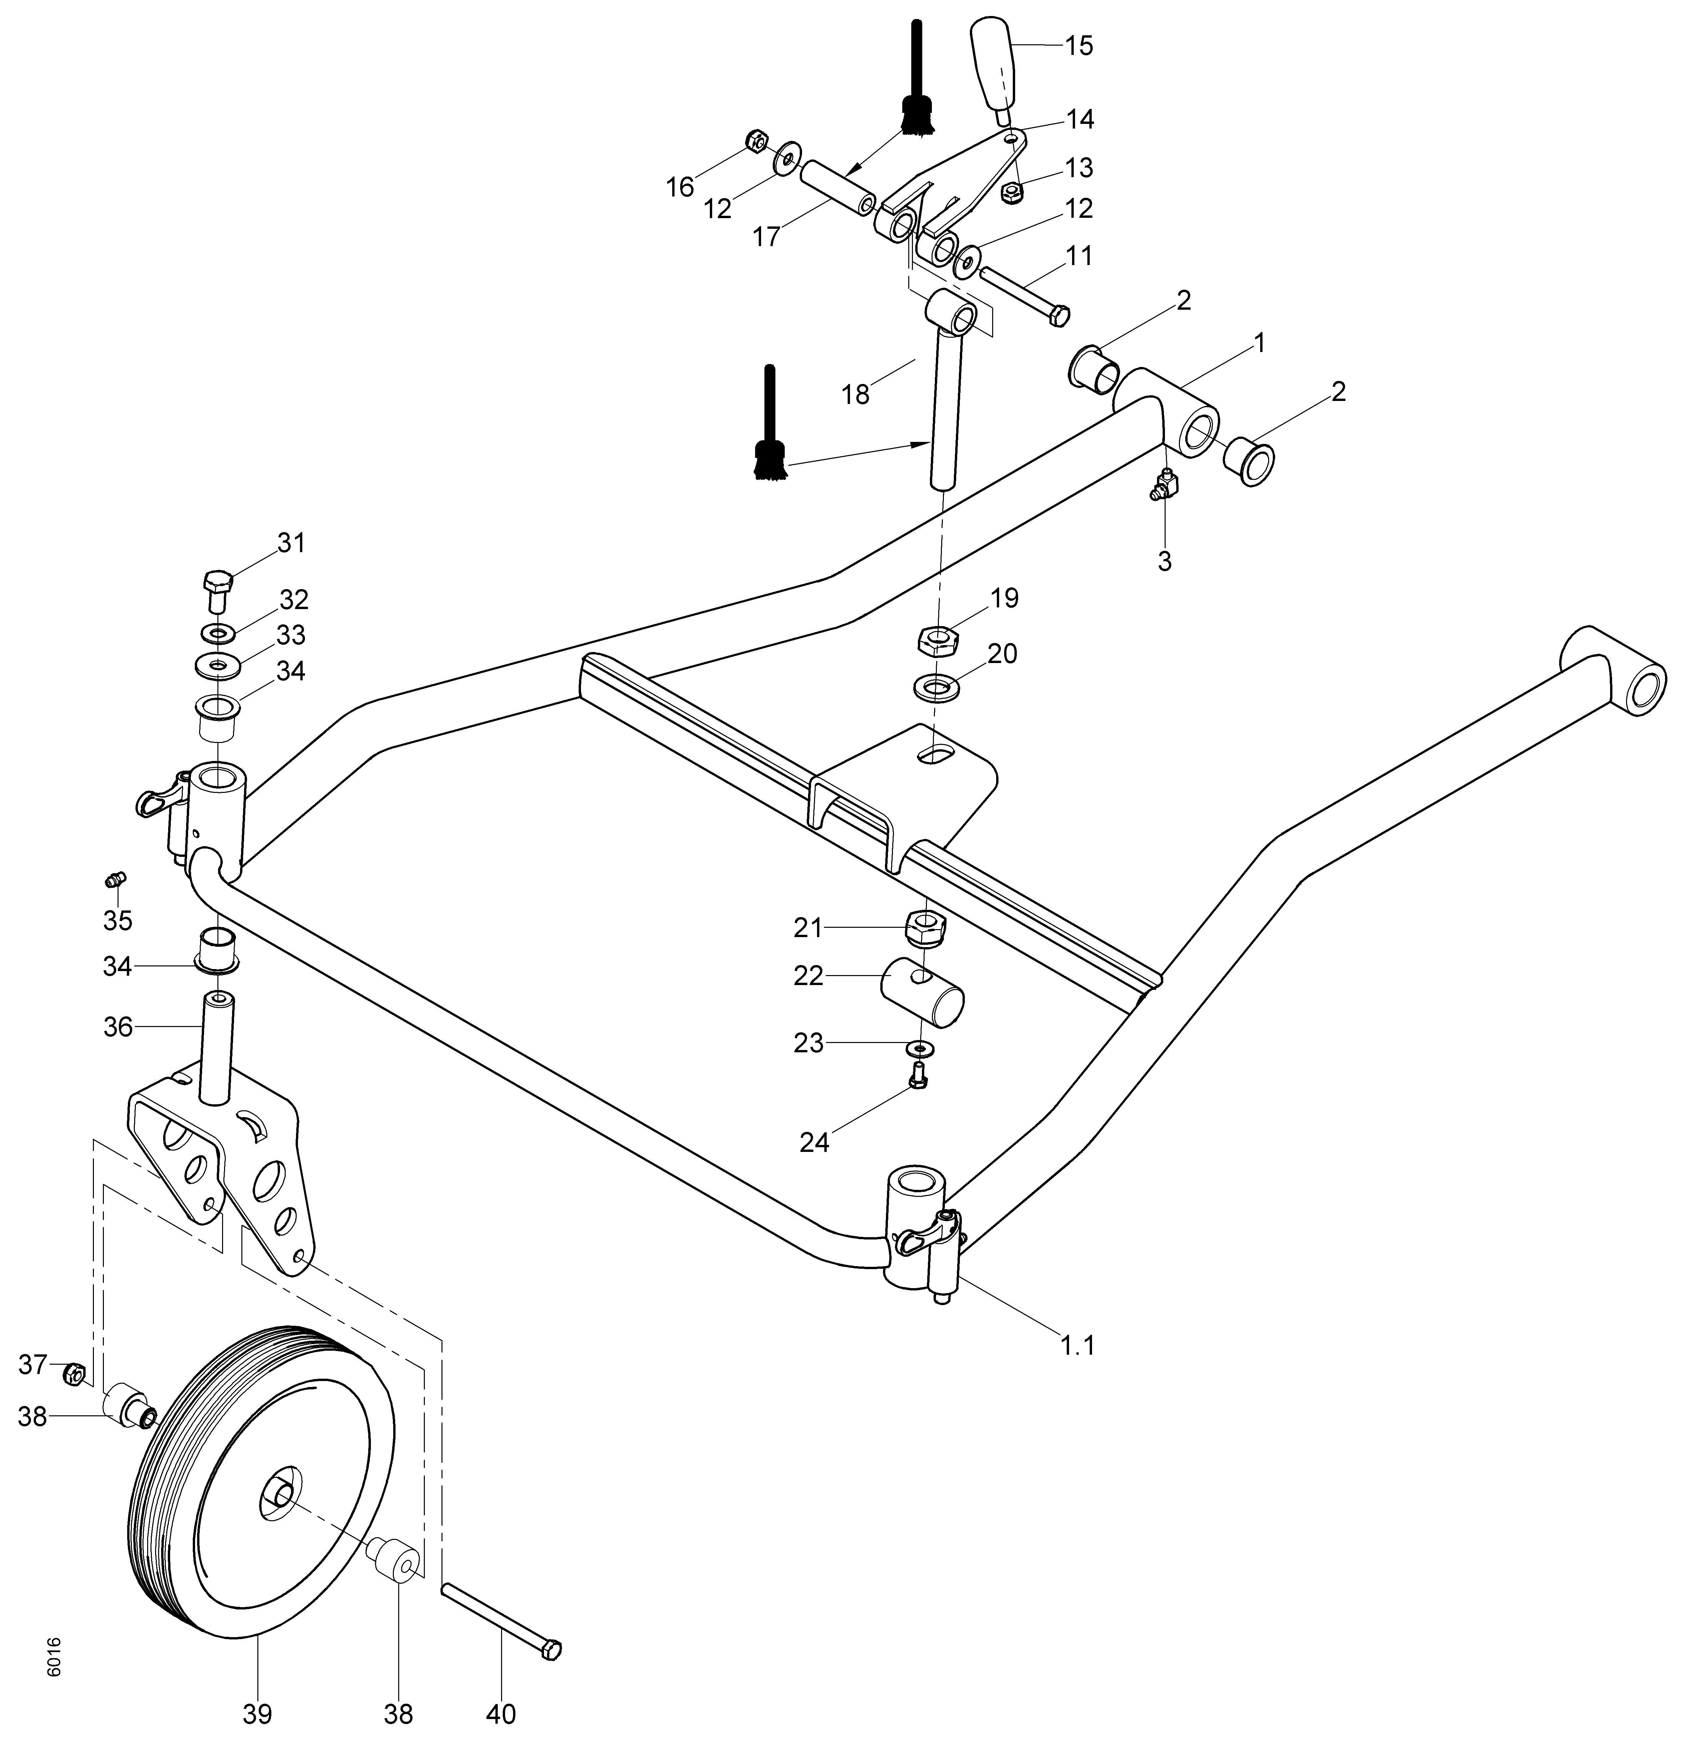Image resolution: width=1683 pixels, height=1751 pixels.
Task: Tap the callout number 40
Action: coord(501,1714)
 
